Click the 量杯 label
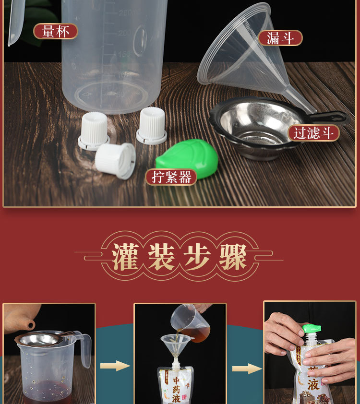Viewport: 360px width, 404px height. pyautogui.click(x=55, y=32)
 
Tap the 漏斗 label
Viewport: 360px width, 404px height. pyautogui.click(x=280, y=38)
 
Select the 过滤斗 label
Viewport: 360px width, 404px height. pyautogui.click(x=313, y=133)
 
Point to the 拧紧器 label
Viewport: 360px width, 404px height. pyautogui.click(x=171, y=177)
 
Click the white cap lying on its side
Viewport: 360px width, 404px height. pyautogui.click(x=116, y=161)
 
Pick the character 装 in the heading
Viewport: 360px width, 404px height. pyautogui.click(x=163, y=257)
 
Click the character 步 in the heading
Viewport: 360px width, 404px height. pyautogui.click(x=197, y=257)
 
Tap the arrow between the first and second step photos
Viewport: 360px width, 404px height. pyautogui.click(x=115, y=366)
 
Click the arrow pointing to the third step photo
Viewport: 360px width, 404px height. pyautogui.click(x=247, y=368)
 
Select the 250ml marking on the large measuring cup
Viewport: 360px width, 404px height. pyautogui.click(x=129, y=12)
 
